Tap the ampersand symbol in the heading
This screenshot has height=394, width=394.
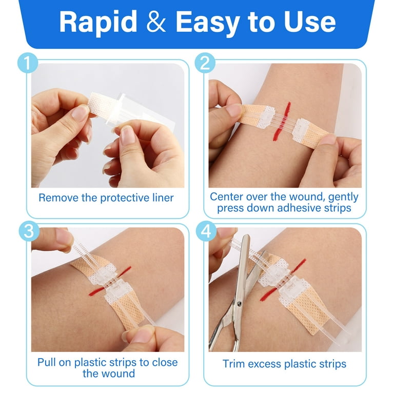pos(156,22)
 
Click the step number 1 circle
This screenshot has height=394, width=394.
pos(28,63)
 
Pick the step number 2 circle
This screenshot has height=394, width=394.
pos(205,63)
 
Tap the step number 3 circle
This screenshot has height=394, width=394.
pos(29,231)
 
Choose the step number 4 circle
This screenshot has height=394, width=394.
pos(206,231)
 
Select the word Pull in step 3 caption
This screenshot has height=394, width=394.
pos(47,362)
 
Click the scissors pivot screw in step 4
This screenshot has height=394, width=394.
pos(239,304)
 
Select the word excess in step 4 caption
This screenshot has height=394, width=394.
pos(263,364)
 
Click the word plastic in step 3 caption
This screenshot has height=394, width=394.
pos(91,363)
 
